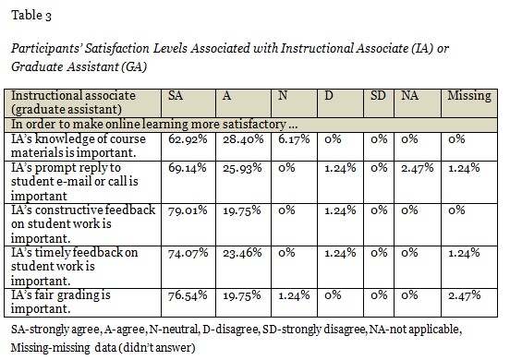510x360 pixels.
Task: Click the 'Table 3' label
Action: click(x=31, y=16)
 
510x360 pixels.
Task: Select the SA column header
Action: click(x=176, y=95)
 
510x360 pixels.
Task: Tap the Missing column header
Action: click(x=469, y=97)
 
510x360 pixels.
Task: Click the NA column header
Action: click(x=409, y=95)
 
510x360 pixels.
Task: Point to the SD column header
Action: click(x=378, y=95)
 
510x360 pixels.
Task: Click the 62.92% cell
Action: click(x=188, y=139)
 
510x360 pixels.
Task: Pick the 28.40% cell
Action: click(x=243, y=139)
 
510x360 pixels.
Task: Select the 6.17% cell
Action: click(x=294, y=139)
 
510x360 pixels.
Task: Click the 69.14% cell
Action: click(x=188, y=168)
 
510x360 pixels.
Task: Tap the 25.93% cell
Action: click(x=242, y=168)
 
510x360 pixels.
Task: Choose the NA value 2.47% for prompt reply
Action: click(x=418, y=168)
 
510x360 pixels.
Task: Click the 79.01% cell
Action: click(x=188, y=210)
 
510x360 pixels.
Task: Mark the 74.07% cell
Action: click(x=188, y=253)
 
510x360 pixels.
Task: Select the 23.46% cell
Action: click(x=242, y=253)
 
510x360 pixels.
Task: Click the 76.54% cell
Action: click(x=188, y=295)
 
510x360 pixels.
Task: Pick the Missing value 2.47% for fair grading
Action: click(x=465, y=295)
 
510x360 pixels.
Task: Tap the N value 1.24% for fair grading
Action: click(x=294, y=295)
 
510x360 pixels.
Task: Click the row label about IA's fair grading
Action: click(x=61, y=302)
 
